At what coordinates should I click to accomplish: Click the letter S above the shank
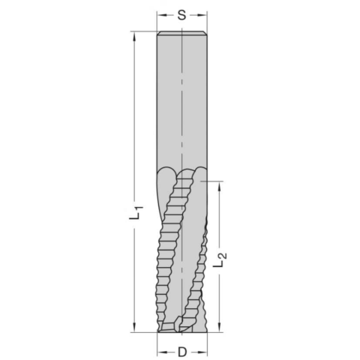coord(181,15)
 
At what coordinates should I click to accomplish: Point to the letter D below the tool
coord(181,349)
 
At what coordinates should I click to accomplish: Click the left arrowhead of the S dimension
coord(160,15)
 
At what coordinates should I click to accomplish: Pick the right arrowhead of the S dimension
coord(202,15)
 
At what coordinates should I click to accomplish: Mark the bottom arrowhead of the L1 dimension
coord(132,327)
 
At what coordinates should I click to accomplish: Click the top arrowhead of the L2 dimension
coord(220,184)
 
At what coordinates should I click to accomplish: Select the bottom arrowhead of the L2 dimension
coord(220,327)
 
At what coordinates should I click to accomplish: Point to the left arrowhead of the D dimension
coord(160,349)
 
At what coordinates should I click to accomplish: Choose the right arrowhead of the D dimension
coord(202,349)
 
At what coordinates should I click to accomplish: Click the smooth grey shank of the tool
coord(169,105)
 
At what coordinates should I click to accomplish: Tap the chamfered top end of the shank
coord(181,34)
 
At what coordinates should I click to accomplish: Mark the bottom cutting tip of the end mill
coord(180,328)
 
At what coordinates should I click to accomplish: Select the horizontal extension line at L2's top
coord(213,180)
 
